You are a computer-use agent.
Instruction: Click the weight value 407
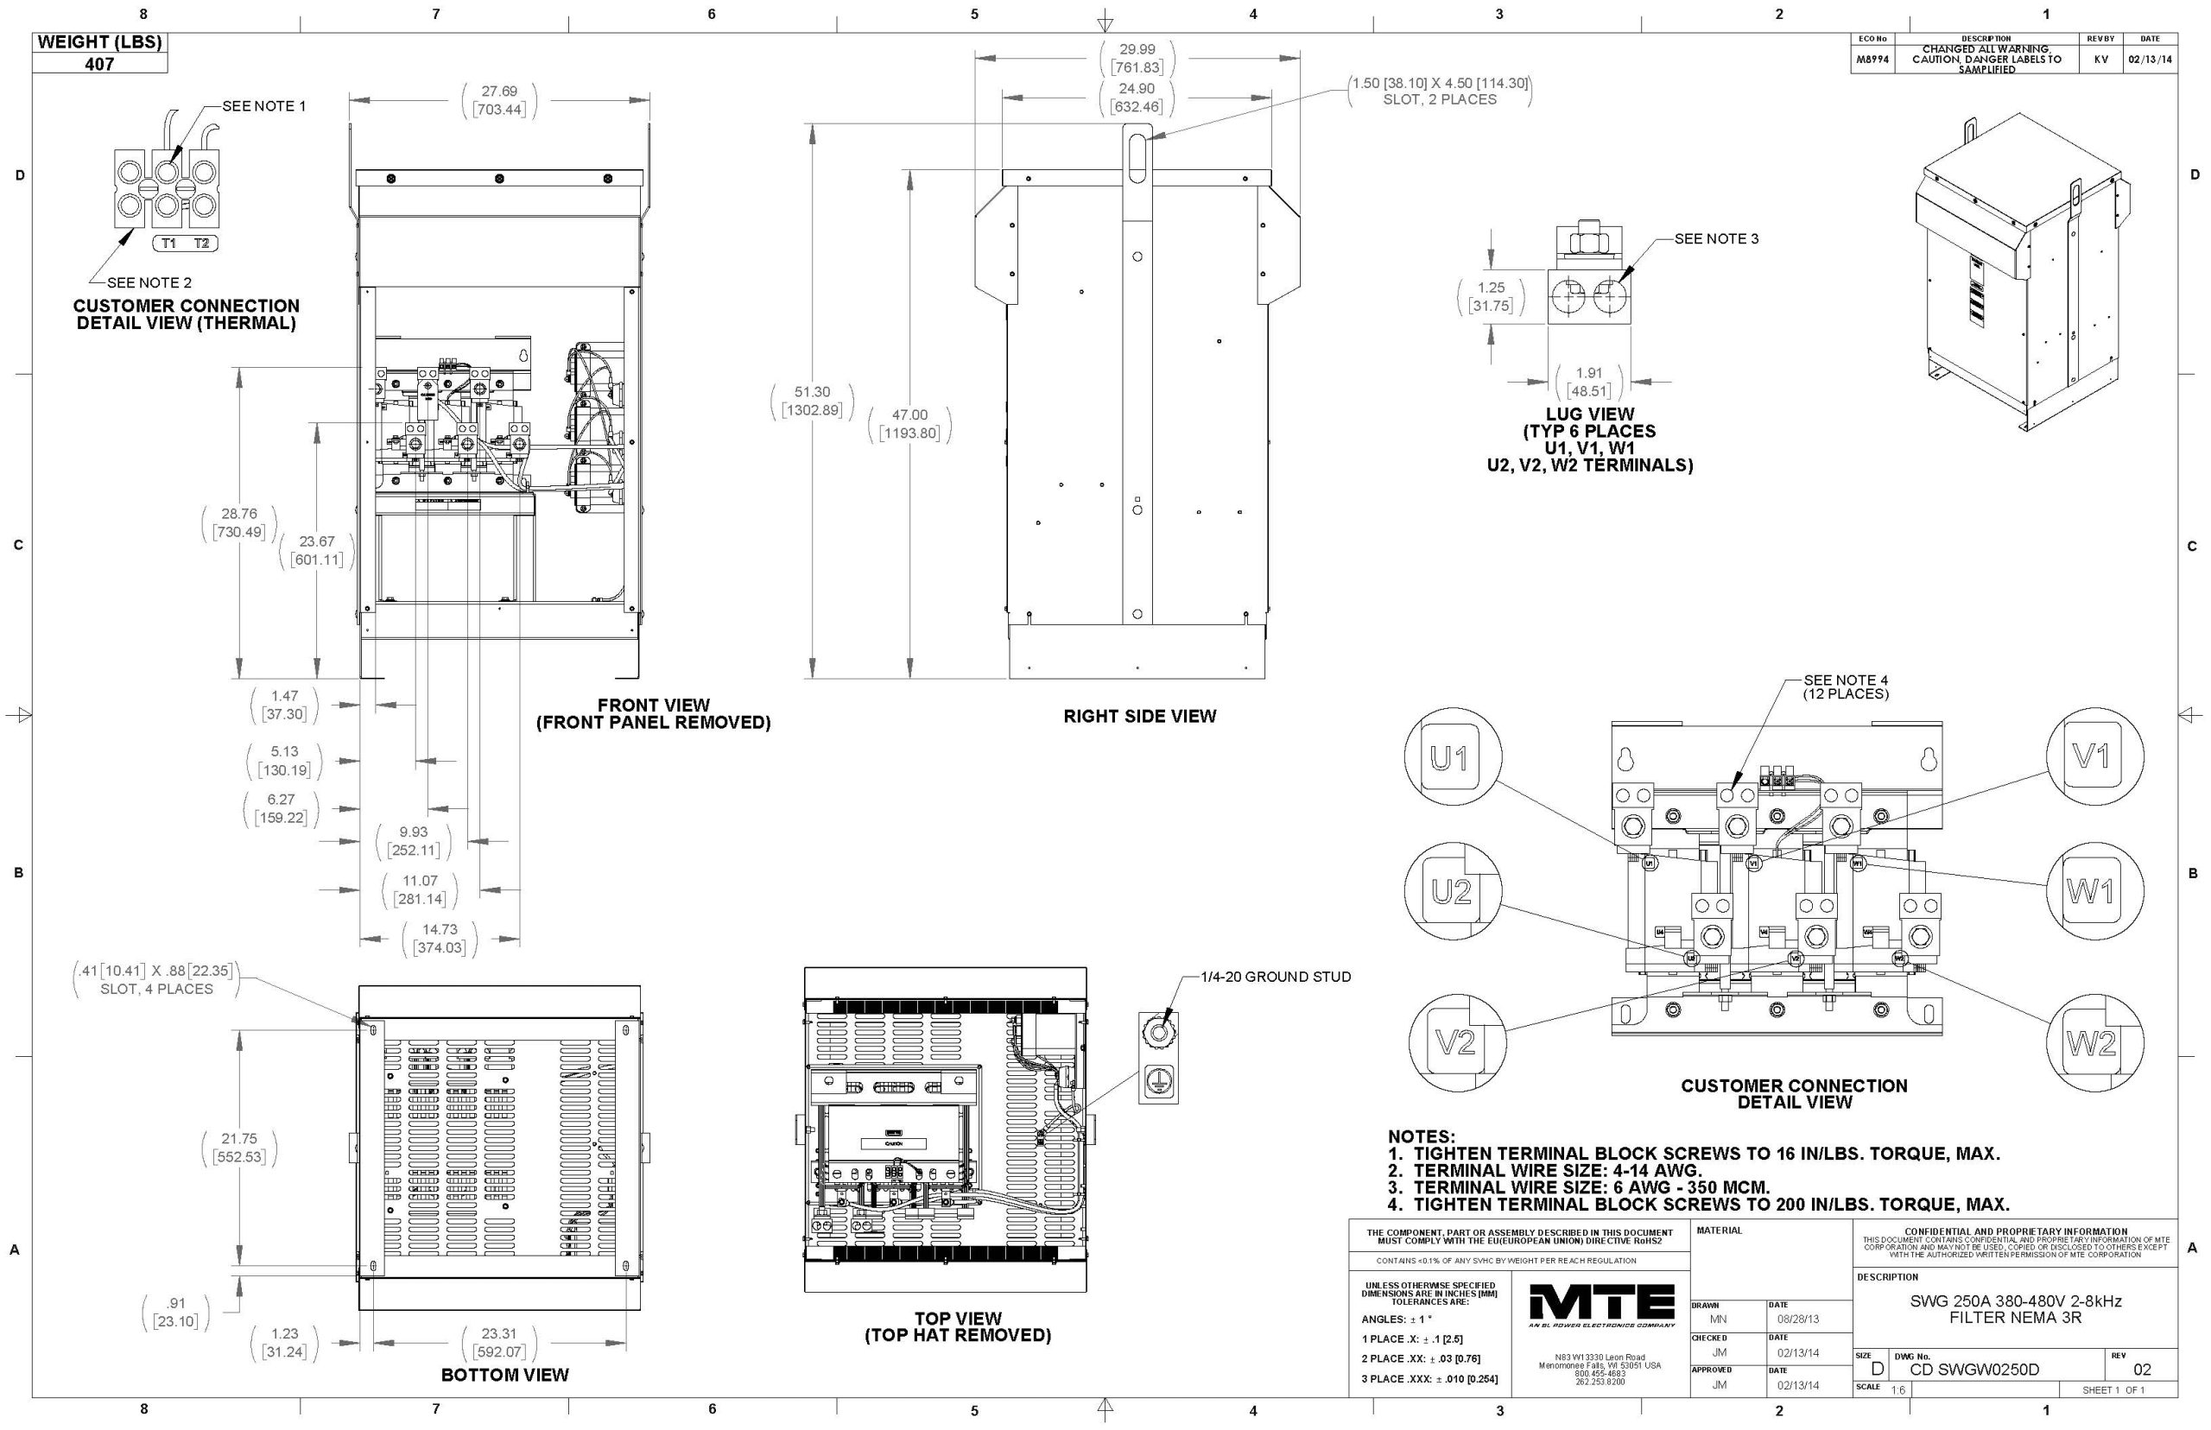click(99, 64)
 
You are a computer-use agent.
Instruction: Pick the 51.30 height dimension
click(812, 400)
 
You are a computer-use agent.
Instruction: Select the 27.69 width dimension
click(498, 99)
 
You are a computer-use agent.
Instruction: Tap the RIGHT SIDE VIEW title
click(1139, 716)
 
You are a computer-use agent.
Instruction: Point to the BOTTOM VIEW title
click(504, 1374)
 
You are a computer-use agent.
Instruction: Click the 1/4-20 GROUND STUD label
click(1275, 976)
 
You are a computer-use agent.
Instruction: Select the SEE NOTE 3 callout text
click(1716, 238)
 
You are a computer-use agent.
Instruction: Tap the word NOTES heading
click(1421, 1136)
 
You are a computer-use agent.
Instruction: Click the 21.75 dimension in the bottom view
click(239, 1148)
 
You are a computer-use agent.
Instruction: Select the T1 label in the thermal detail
click(168, 244)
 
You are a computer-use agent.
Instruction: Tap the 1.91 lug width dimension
click(1589, 382)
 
